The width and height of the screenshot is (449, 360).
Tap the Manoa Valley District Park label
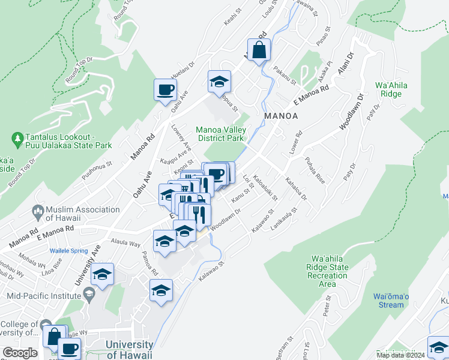pos(221,134)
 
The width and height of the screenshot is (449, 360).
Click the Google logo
pos(20,352)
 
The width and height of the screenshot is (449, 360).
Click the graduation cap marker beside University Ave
pos(103,275)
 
